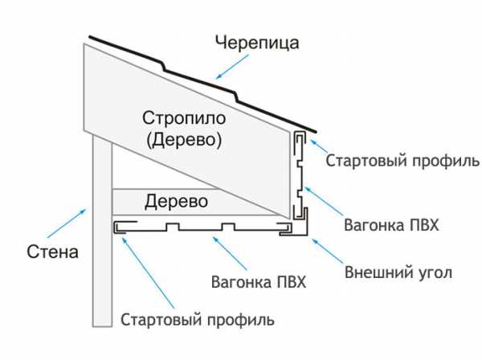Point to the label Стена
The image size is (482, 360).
pos(50,253)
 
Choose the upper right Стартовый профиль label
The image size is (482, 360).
pos(402,160)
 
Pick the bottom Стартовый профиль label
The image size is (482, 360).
pos(198,320)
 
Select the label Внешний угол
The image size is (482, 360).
pos(398,272)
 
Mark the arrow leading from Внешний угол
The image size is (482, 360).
pos(325,251)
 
